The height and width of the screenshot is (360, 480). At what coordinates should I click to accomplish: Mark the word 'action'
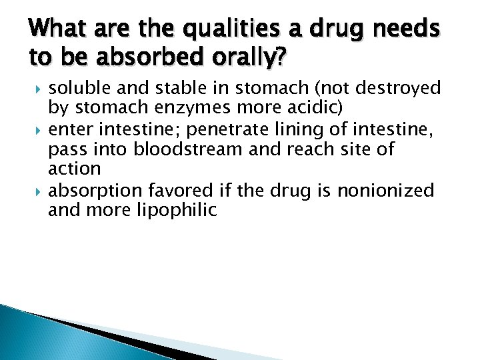point(74,169)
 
